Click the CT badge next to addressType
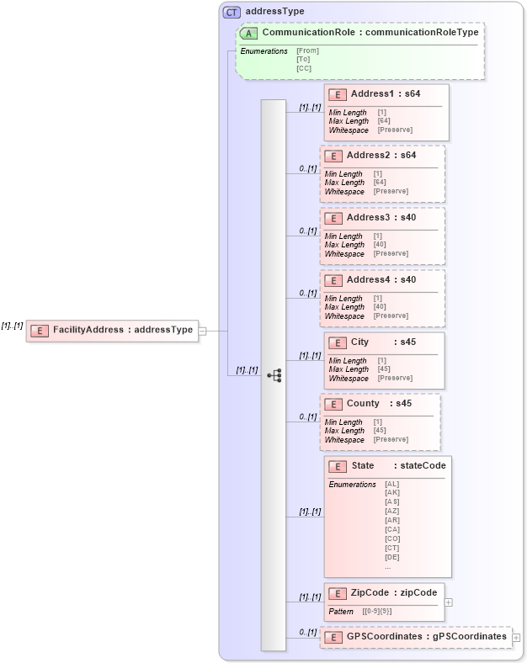[231, 12]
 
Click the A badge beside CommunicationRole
[249, 33]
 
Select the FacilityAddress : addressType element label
[123, 330]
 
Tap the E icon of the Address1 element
[338, 94]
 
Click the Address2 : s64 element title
[381, 156]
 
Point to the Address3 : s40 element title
[381, 218]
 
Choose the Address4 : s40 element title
[381, 279]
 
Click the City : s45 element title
[383, 342]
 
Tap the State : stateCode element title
[398, 465]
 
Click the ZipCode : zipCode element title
[393, 593]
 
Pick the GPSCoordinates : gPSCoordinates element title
[426, 637]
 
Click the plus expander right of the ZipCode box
[449, 602]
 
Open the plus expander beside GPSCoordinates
[516, 638]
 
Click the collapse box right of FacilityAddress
[202, 331]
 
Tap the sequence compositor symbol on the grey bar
[274, 375]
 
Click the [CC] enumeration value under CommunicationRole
[304, 68]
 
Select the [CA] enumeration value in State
[391, 529]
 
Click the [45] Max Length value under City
[383, 369]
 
